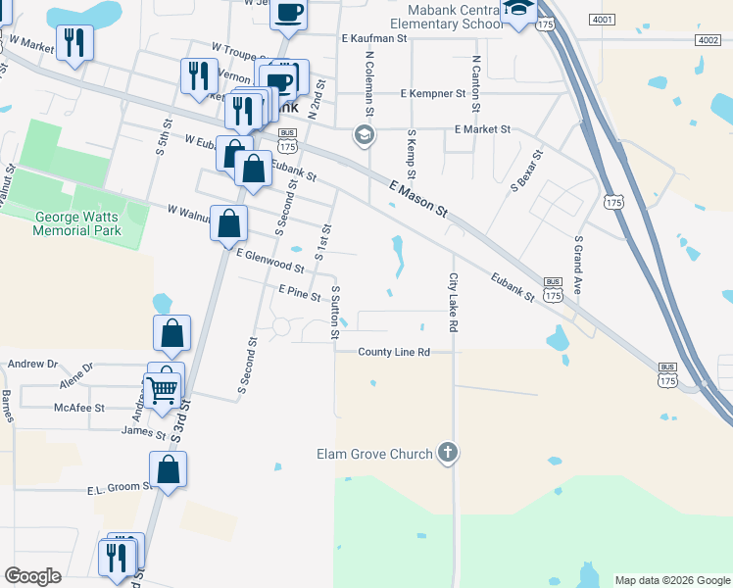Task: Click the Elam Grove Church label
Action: click(374, 454)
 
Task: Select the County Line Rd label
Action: click(394, 352)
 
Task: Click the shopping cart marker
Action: click(163, 390)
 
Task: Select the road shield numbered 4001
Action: click(603, 20)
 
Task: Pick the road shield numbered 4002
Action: click(708, 39)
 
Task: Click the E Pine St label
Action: click(299, 291)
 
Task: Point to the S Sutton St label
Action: click(335, 313)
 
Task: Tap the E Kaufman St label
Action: click(373, 38)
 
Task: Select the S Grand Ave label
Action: click(579, 266)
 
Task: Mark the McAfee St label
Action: click(79, 408)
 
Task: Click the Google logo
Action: click(32, 576)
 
